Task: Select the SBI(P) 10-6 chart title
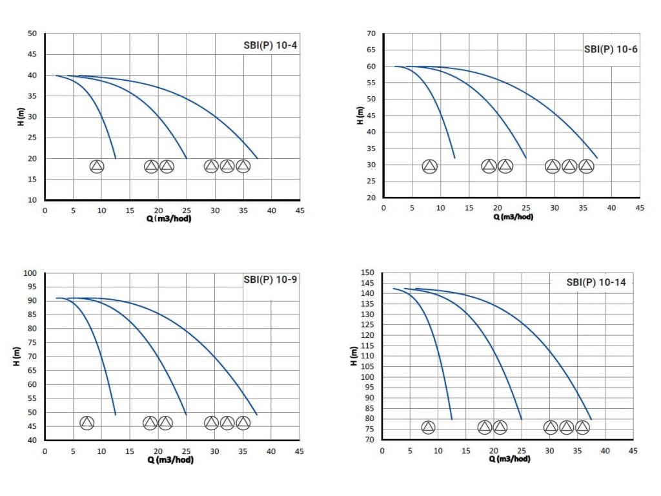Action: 611,49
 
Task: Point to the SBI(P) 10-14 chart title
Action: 596,282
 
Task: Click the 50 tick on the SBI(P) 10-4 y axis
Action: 32,34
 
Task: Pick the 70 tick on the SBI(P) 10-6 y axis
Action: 371,33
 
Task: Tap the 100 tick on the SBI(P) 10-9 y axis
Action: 30,273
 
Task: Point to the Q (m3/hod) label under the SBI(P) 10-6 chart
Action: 513,217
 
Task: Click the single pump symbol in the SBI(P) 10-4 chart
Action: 97,167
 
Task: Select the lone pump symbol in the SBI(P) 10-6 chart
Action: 430,167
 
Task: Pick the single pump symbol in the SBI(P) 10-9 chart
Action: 87,423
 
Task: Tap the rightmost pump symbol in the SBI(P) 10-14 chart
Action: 582,427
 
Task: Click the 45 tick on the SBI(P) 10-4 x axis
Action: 300,211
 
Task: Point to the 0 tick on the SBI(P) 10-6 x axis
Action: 383,208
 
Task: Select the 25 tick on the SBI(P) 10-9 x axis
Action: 186,451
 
